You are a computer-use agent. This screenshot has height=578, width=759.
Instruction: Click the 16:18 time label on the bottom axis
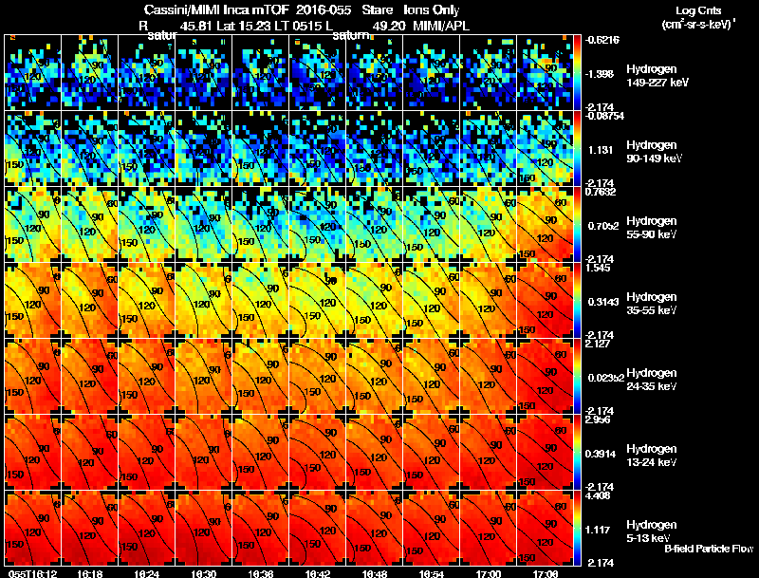(x=91, y=573)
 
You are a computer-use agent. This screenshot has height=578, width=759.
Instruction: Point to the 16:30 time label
(x=206, y=573)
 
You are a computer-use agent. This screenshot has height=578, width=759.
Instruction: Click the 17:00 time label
(x=491, y=573)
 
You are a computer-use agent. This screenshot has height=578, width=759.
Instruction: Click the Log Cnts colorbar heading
(x=698, y=9)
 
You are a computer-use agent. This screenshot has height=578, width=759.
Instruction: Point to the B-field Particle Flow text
(x=709, y=549)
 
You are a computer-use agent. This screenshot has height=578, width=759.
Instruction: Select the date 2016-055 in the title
(x=318, y=9)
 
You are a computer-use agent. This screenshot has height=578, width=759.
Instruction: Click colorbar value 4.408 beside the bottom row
(x=598, y=494)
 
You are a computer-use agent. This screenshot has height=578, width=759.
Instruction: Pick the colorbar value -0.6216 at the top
(x=602, y=40)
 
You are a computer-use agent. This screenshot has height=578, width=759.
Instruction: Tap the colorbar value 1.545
(x=597, y=267)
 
